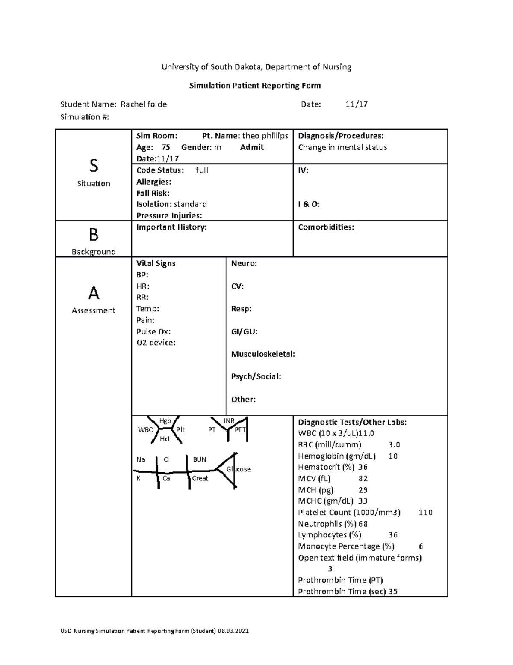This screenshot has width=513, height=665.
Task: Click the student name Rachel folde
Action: pos(144,104)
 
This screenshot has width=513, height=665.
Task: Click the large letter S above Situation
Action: pos(93,165)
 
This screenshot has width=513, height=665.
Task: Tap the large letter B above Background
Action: pos(93,235)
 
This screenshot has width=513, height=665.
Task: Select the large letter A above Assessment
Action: pos(93,293)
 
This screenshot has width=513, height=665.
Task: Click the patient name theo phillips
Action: pos(265,136)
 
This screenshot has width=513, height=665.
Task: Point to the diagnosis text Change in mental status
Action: pos(342,147)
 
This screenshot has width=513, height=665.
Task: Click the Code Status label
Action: pos(160,170)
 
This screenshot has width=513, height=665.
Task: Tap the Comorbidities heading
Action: pos(326,227)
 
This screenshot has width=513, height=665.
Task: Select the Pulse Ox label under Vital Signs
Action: pos(153,331)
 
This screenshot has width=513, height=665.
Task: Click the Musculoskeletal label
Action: pos(263,354)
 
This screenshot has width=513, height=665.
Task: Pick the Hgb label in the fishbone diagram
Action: pos(165,421)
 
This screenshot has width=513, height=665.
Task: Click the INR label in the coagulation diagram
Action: pos(229,421)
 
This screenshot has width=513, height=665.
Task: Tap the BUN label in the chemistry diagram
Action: pos(200,459)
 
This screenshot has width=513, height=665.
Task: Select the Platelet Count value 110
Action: pos(425,513)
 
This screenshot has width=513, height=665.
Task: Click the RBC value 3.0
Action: pos(394,445)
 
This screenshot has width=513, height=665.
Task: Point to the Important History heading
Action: pos(171,227)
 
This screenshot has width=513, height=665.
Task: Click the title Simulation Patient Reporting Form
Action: pos(255,86)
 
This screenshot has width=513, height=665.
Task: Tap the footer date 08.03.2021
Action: pos(233,631)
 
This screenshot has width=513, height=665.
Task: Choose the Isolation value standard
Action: pos(190,204)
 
